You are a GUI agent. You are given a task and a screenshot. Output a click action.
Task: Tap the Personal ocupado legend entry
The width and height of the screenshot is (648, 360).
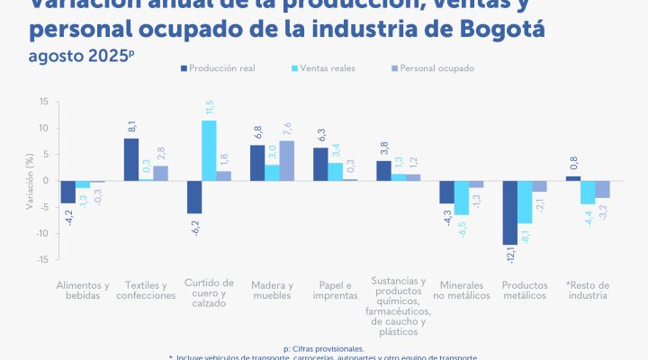431,68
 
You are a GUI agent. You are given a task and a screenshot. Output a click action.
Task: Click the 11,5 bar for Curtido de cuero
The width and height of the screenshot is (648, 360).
208,150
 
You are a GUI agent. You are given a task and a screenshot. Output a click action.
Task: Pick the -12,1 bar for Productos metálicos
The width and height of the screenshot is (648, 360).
509,212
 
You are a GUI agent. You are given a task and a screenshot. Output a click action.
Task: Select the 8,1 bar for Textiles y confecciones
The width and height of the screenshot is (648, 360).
131,159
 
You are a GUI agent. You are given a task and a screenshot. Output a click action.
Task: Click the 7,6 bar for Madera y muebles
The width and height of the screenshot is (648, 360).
285,160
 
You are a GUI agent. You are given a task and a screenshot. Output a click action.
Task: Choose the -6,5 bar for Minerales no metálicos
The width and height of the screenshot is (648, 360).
462,198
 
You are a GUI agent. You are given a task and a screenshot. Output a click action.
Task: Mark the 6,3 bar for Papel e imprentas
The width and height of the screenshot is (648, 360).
319,164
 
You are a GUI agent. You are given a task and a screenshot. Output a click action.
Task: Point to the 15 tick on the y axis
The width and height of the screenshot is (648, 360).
43,102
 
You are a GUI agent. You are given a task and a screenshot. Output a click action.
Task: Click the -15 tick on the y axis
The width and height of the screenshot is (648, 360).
41,259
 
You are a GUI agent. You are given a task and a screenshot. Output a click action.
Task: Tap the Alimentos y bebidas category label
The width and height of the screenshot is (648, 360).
83,289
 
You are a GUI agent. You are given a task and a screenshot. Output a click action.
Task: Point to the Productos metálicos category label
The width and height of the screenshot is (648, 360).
524,289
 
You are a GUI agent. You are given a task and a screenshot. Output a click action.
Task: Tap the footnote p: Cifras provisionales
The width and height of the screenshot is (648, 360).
323,347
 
